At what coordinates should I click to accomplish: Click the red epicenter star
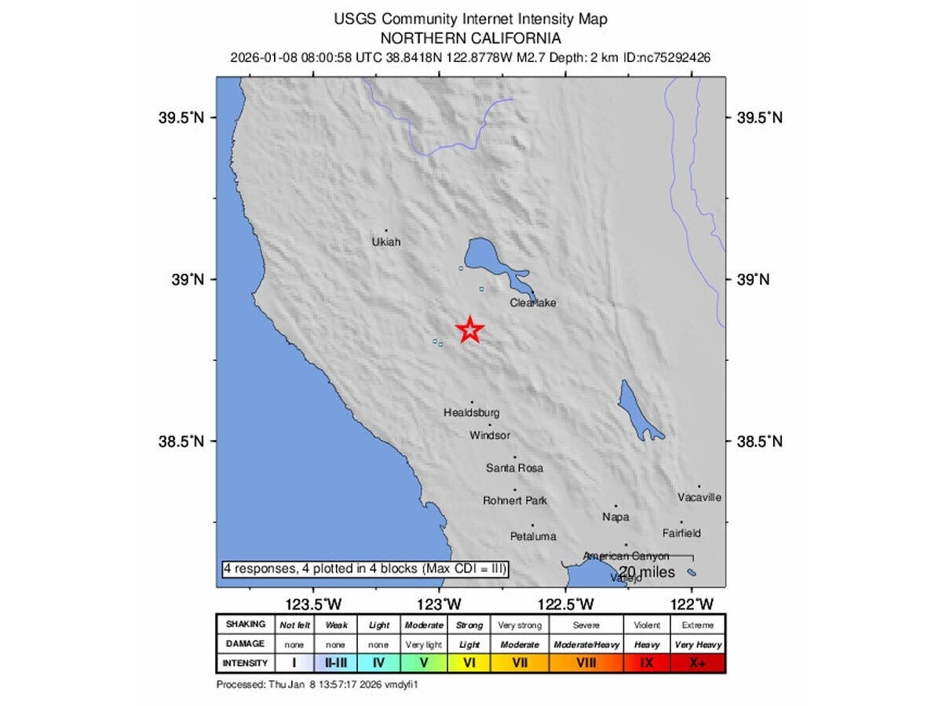point(469,330)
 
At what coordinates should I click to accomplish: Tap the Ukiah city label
point(385,242)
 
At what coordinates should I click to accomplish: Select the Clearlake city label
point(533,303)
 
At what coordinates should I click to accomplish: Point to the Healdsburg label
point(471,413)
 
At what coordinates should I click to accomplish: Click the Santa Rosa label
point(514,468)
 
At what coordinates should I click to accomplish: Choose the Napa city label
point(615,517)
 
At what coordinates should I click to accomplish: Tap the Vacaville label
point(699,497)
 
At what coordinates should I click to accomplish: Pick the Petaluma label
point(533,537)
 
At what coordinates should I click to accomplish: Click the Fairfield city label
point(681,533)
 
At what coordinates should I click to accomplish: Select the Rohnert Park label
point(515,500)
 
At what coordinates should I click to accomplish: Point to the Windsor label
point(490,435)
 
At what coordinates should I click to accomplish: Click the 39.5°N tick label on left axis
point(181,118)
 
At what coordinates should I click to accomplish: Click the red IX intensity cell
point(647,663)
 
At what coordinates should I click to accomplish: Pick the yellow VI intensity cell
point(469,663)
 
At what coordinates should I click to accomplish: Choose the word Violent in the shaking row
point(647,625)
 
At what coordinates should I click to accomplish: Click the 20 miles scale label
point(647,572)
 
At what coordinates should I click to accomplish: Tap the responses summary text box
point(365,568)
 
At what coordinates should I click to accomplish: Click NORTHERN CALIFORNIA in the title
point(470,38)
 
